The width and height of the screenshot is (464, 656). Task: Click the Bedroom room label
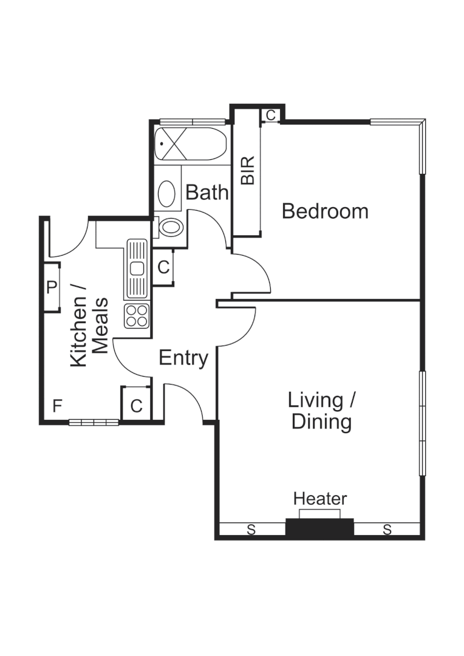click(325, 211)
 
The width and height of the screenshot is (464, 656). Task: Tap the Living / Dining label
click(321, 411)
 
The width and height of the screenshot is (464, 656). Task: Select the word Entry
click(183, 358)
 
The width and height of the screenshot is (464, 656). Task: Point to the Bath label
click(207, 193)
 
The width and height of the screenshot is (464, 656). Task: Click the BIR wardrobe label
click(248, 171)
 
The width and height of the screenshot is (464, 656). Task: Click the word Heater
click(320, 499)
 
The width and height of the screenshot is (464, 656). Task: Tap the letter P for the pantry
click(52, 287)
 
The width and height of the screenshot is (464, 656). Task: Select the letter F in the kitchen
click(56, 405)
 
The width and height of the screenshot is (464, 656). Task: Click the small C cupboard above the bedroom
click(271, 115)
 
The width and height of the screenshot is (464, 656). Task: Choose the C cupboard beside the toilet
click(163, 267)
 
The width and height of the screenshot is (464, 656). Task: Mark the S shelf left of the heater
click(250, 530)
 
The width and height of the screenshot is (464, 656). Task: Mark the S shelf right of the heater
click(387, 530)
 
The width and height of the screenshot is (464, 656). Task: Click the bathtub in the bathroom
click(190, 145)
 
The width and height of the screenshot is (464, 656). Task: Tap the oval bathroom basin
click(166, 194)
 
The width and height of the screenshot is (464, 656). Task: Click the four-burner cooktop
click(137, 316)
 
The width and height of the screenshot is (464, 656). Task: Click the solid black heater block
click(319, 527)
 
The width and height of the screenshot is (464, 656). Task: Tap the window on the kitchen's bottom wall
click(94, 422)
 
